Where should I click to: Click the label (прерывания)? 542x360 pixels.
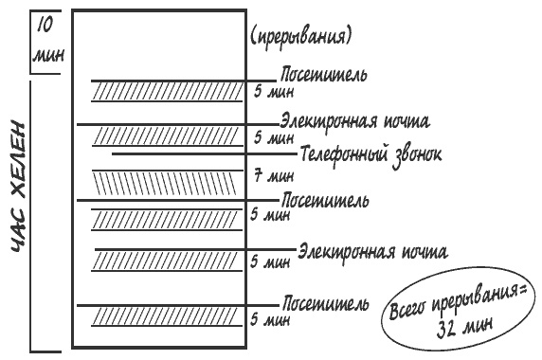(301, 38)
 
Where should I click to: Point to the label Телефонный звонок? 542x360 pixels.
(370, 153)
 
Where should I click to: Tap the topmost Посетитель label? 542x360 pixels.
(324, 74)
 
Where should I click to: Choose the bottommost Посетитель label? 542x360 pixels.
(324, 303)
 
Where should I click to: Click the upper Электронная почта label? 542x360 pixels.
(355, 122)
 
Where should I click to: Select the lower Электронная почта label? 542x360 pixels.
(371, 251)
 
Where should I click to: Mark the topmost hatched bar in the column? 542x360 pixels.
(167, 91)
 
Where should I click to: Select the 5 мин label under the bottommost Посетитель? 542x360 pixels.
(270, 321)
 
